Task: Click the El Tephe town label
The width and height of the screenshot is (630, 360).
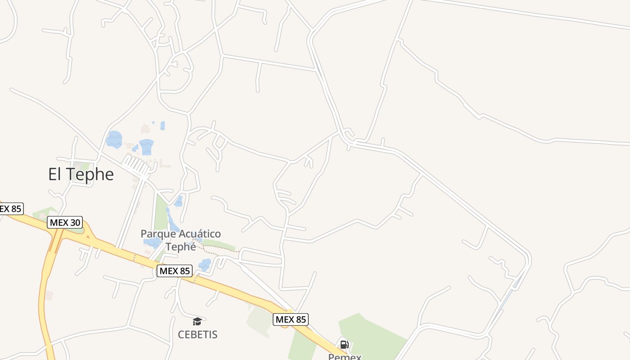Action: (81, 174)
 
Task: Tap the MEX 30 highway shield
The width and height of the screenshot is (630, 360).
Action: (65, 222)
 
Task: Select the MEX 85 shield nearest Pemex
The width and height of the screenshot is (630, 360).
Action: (291, 319)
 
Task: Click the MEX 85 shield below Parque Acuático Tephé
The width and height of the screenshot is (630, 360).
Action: (175, 271)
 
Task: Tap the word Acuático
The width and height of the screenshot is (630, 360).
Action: (200, 234)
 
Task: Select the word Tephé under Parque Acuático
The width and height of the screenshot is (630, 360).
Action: (181, 247)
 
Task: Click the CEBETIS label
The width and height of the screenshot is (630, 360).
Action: (198, 334)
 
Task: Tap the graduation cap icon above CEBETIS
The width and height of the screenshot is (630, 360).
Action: (197, 321)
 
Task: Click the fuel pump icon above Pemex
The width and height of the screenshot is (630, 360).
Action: (344, 345)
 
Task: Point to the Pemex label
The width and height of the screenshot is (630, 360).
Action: (345, 356)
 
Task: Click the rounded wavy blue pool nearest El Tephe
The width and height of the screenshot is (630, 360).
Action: (114, 139)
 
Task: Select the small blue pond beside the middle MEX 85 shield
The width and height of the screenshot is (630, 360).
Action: (205, 265)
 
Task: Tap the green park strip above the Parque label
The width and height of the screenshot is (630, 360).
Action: (161, 211)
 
